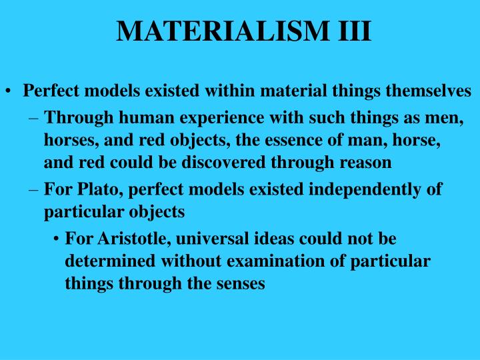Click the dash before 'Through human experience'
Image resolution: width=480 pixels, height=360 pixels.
35,119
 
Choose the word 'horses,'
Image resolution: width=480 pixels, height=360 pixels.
69,141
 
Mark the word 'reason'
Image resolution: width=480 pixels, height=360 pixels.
369,162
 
